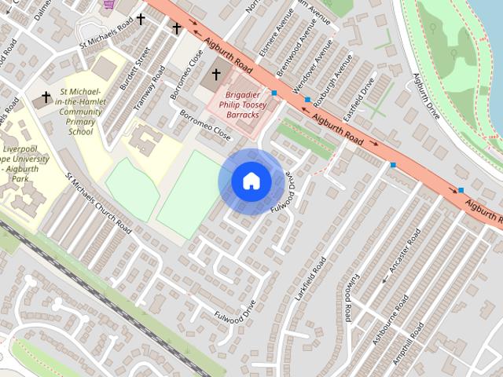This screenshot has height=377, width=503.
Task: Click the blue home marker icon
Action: coord(251,181)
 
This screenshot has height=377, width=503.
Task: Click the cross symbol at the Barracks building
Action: coord(216,76)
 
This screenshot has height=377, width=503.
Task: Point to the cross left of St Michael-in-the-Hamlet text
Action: coord(46,98)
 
